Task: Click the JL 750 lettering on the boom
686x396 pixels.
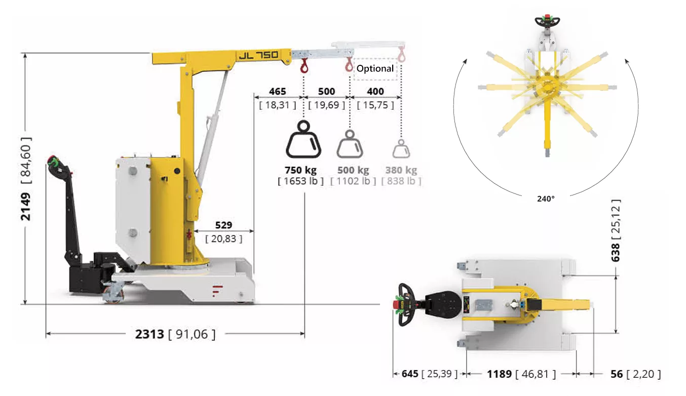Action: pyautogui.click(x=259, y=55)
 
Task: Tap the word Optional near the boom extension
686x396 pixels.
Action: pyautogui.click(x=375, y=68)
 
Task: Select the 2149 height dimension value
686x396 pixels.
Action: pyautogui.click(x=26, y=207)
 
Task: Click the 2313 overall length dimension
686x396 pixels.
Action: pyautogui.click(x=149, y=334)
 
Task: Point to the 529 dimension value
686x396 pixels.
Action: pyautogui.click(x=223, y=225)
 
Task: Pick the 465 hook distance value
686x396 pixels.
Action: pyautogui.click(x=278, y=92)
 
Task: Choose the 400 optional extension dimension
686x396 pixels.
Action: pyautogui.click(x=375, y=92)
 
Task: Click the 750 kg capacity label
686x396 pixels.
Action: pyautogui.click(x=301, y=170)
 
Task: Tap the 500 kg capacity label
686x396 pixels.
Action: pyautogui.click(x=353, y=170)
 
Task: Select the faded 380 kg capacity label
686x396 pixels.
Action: pyautogui.click(x=401, y=170)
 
